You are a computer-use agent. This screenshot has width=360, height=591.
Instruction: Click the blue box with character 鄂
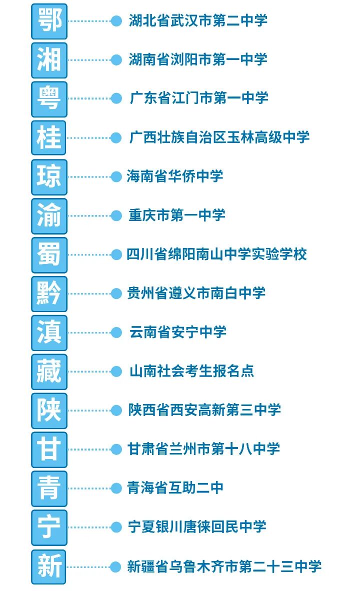coord(49,21)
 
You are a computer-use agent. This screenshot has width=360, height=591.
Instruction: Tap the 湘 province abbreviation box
coord(49,60)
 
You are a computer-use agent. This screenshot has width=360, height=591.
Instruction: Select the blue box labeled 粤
coord(49,98)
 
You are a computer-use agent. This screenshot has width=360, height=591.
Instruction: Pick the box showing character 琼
coord(49,176)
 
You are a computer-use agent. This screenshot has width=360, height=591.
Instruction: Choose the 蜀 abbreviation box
coord(49,254)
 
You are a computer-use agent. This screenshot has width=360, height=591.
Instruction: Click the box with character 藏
coord(49,371)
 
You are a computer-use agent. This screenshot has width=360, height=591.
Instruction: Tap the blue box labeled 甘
coord(49,449)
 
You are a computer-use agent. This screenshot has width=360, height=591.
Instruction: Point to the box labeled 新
coord(49,566)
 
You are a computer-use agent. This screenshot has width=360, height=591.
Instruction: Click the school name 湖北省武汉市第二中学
coord(198,20)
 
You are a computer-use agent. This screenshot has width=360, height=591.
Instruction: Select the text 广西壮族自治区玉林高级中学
coord(219,137)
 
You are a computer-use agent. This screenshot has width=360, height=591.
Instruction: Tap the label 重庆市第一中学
coord(177,215)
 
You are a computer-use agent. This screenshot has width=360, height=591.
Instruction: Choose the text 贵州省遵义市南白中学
coord(196,293)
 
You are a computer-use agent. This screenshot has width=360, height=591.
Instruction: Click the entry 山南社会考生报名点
coord(192,371)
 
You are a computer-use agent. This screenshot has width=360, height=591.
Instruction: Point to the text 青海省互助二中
coord(175,488)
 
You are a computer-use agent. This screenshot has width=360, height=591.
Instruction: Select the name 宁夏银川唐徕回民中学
coord(197,527)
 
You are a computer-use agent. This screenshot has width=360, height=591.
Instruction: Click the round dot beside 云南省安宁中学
coord(116,332)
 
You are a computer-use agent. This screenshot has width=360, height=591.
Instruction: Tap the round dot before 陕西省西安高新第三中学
coord(116,410)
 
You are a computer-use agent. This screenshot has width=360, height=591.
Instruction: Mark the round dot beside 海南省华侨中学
coord(116,176)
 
